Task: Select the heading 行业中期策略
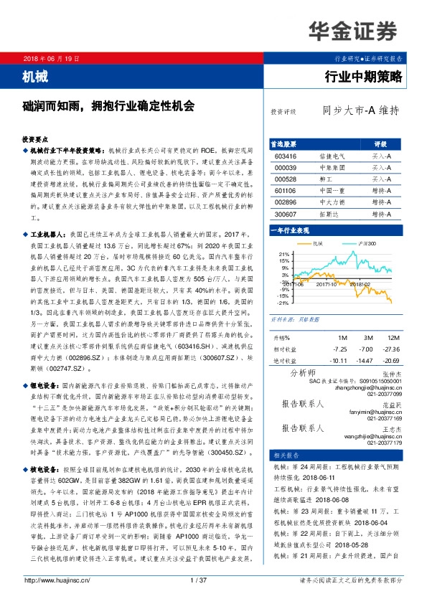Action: [365, 75]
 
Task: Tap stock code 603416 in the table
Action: [286, 155]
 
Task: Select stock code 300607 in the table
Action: [286, 214]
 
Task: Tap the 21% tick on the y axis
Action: [284, 254]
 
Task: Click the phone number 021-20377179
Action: [386, 443]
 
